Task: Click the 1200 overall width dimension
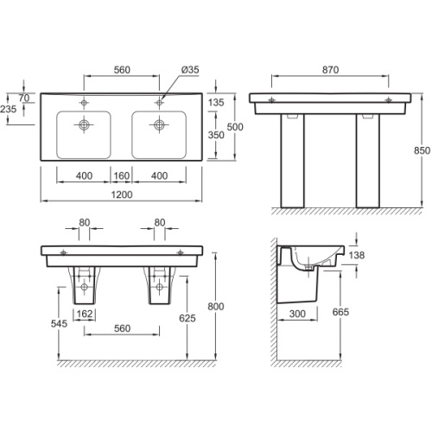pos(122,194)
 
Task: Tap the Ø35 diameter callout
pos(190,70)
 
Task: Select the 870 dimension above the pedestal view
pos(330,70)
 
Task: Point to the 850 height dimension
pos(422,150)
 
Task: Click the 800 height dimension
pos(216,307)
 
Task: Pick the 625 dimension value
pos(187,318)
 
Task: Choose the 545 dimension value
pos(59,323)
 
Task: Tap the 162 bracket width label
pos(85,314)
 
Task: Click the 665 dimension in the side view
pos(340,312)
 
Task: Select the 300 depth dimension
pos(297,314)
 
